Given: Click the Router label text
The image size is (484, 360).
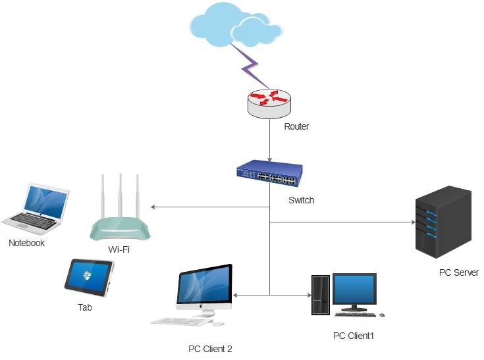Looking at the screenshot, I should [x=296, y=126].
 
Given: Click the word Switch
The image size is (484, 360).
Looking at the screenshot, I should [x=302, y=200].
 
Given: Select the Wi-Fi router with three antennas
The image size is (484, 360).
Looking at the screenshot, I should [x=120, y=220].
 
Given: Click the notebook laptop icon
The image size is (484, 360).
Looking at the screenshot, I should [x=37, y=208].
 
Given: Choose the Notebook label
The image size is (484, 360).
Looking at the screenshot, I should [x=26, y=243].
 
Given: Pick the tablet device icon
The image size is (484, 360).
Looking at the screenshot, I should [x=89, y=276].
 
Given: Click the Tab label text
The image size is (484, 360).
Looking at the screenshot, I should [x=85, y=307].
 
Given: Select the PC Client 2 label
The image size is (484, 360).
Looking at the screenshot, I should [x=210, y=349].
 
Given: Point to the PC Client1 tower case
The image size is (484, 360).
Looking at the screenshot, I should [x=321, y=296].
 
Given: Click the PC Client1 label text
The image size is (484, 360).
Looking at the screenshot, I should [x=353, y=336].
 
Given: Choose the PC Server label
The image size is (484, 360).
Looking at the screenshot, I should [x=458, y=272].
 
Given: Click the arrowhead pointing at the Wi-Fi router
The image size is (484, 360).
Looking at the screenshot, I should [x=153, y=207].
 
